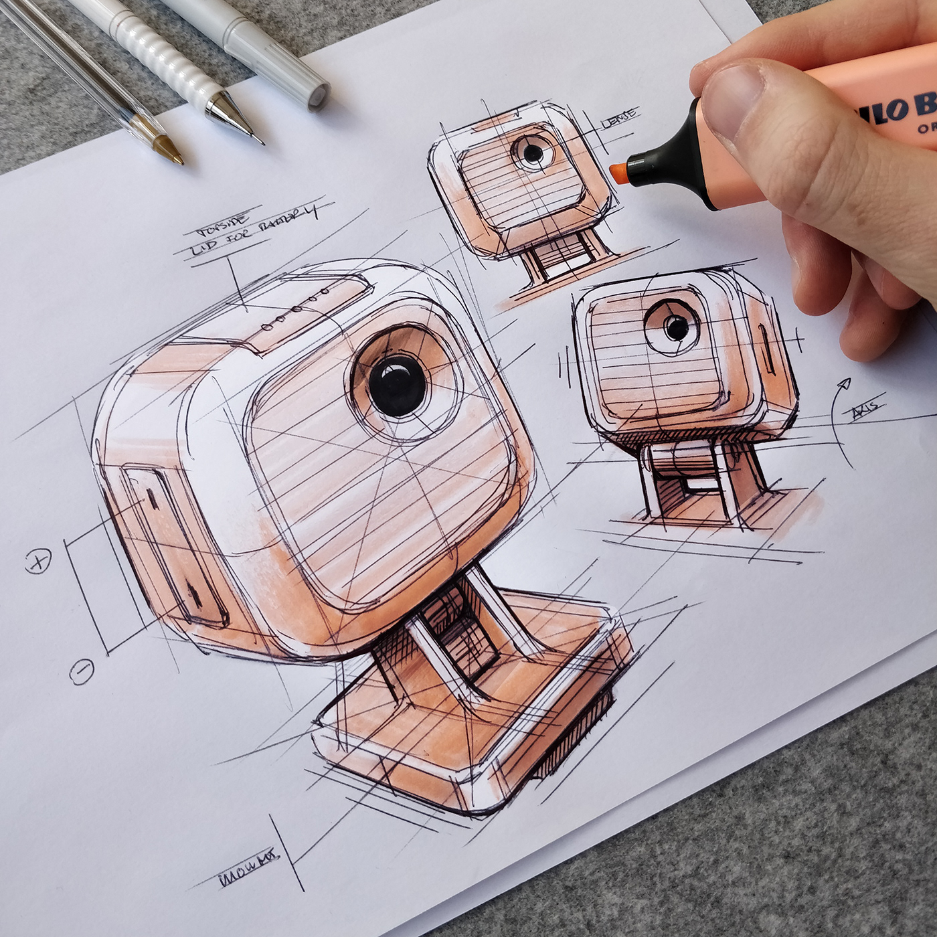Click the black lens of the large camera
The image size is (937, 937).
[396, 387]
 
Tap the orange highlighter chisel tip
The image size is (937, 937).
[619, 172]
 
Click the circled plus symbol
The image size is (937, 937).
[39, 563]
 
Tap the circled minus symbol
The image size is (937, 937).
[82, 670]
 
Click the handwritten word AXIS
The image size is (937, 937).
[866, 409]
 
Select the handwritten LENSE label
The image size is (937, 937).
[620, 118]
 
